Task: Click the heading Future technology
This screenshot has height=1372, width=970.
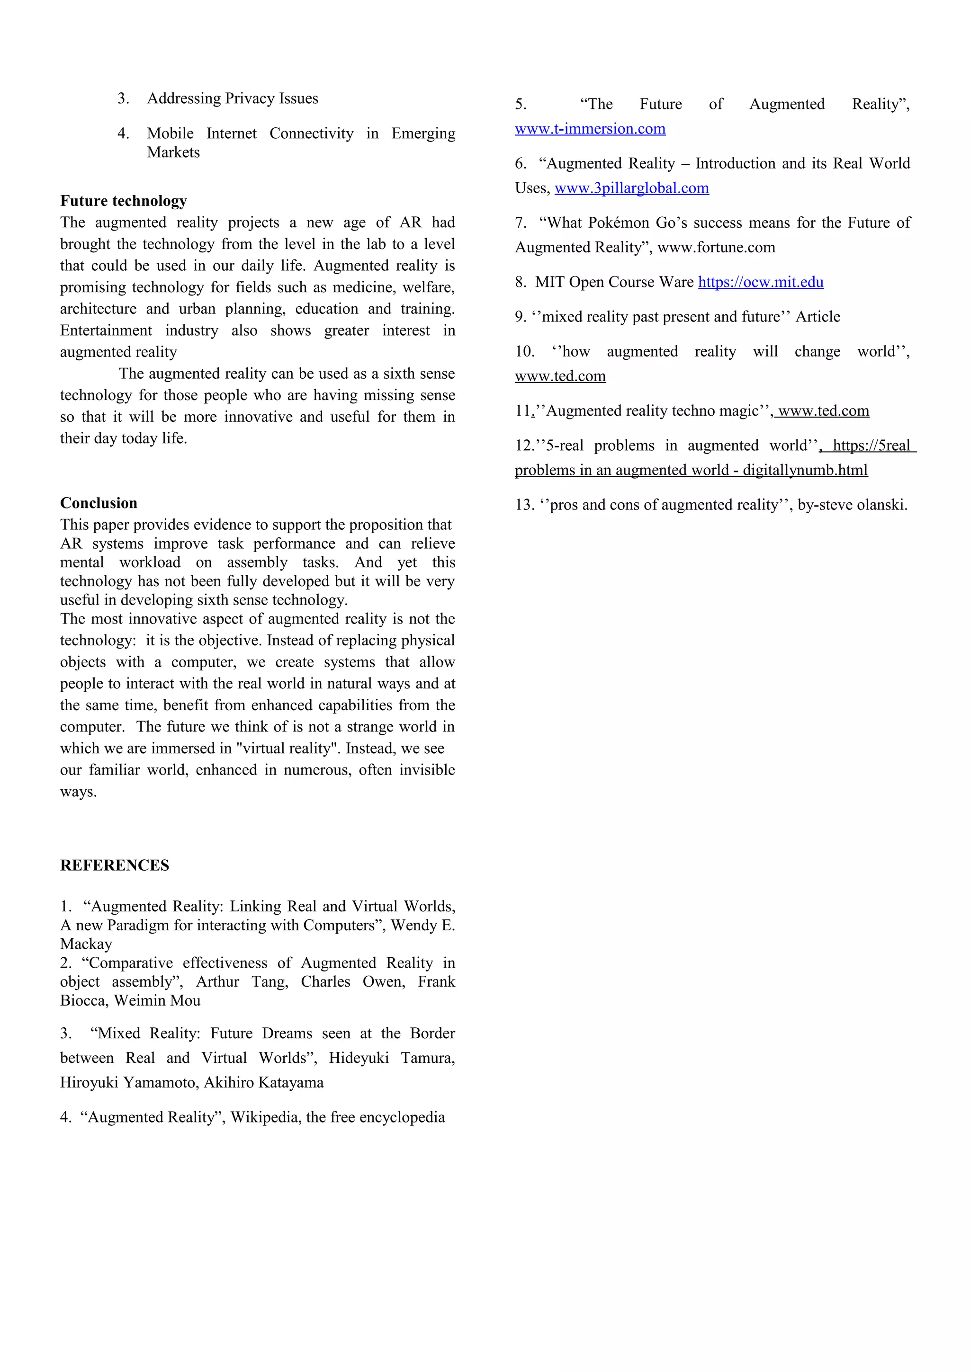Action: pos(123,201)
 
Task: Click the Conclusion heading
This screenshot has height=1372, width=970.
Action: pos(99,503)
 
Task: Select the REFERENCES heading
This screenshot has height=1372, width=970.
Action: pos(114,865)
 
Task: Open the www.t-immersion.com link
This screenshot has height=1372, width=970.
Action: pos(590,129)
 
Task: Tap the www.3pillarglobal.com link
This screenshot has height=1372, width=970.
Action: pos(631,188)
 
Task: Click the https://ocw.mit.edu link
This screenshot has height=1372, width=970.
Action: pos(760,282)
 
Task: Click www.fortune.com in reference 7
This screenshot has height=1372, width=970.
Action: pos(716,248)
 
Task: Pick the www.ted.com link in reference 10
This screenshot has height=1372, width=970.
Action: pos(560,376)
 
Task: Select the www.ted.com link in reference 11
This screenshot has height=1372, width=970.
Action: pos(823,411)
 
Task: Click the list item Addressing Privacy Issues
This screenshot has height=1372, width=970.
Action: pos(233,98)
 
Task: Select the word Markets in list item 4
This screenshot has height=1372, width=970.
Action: pos(173,152)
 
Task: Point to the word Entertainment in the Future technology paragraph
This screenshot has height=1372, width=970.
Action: pos(106,330)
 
